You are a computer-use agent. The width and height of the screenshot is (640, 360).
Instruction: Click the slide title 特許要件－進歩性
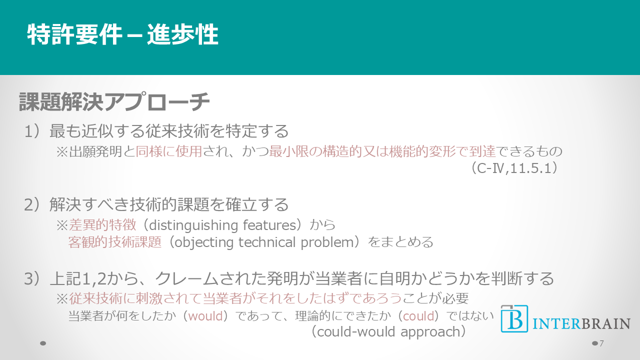click(123, 34)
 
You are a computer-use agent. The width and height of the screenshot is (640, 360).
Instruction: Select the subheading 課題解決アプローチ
click(114, 101)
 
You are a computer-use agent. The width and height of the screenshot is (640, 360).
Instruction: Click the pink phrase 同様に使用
click(169, 151)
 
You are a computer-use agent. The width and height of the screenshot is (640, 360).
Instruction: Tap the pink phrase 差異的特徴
click(102, 225)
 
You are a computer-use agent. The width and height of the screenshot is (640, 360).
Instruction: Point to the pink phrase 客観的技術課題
click(115, 242)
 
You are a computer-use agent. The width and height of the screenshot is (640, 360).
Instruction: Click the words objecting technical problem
click(264, 242)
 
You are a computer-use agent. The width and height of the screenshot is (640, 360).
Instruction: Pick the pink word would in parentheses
click(205, 316)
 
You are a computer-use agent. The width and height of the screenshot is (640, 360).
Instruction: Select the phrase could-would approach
click(388, 332)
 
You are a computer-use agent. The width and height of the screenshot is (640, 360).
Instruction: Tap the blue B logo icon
click(514, 319)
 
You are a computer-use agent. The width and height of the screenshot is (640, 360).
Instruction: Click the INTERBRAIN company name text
click(581, 323)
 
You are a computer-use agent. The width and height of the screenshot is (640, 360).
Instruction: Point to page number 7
click(601, 343)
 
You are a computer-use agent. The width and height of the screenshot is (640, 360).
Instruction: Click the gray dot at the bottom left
click(43, 343)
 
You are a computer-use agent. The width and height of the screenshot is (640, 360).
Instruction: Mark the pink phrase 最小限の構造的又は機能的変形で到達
click(382, 151)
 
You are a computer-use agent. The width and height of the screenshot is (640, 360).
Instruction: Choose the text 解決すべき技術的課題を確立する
click(169, 205)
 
